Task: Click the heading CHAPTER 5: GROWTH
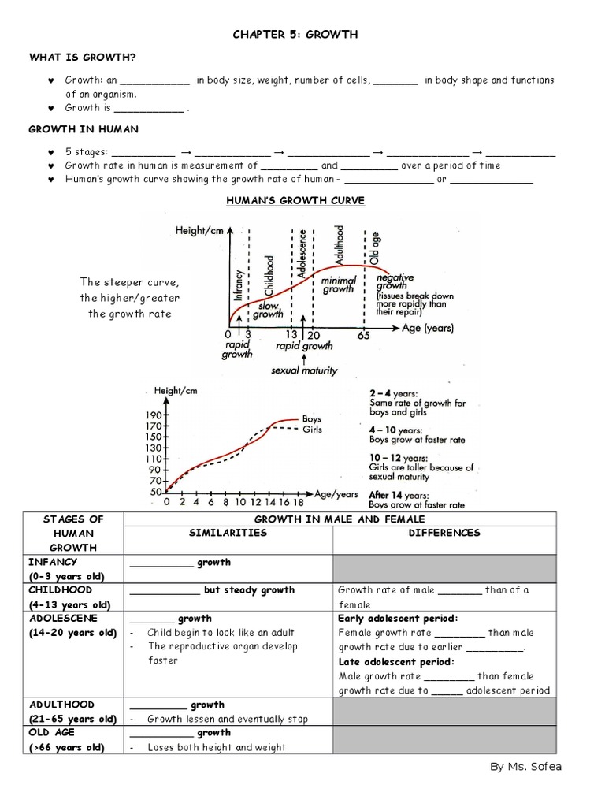coord(295,34)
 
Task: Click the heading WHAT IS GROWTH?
coord(82,57)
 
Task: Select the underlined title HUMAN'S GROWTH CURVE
coord(295,201)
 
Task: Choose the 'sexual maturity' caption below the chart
coord(304,370)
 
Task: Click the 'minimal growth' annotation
coord(339,284)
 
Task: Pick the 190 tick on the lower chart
coord(154,415)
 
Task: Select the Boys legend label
coord(312,419)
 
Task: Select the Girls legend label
coord(312,430)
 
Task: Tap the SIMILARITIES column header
coord(228,533)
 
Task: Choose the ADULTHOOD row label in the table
coord(61,705)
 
